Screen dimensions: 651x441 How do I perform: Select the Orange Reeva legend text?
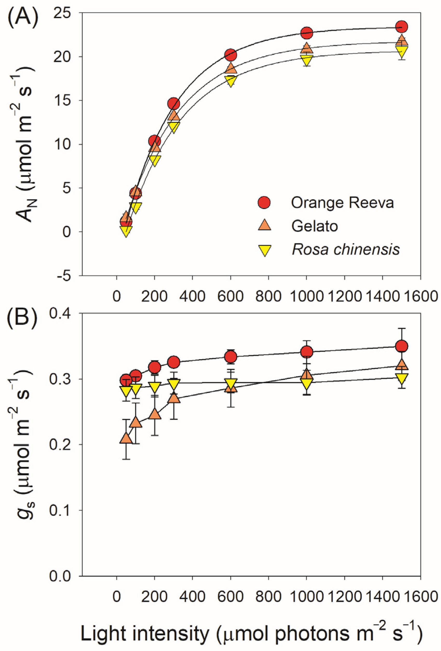342,202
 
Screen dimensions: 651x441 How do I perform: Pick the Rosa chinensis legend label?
346,249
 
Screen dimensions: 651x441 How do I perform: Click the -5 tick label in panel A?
65,276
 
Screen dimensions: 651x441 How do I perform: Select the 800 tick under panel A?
268,296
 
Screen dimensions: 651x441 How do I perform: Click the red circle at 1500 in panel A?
402,27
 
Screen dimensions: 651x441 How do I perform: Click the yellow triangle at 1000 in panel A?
307,60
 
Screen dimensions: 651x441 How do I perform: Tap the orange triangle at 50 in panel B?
126,438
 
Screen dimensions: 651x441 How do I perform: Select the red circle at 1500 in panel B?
402,346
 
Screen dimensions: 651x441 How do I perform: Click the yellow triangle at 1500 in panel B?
402,378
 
